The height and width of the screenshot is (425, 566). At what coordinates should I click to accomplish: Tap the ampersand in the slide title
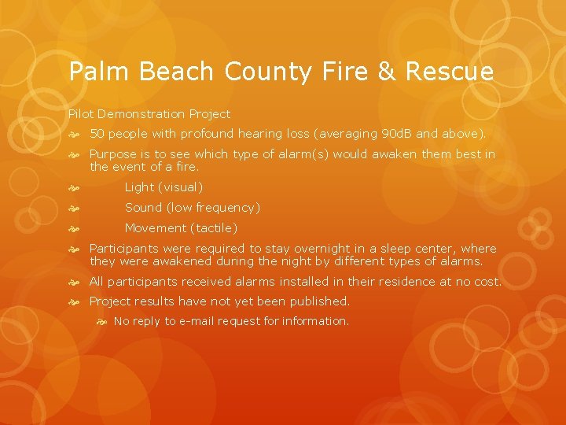[x=386, y=72]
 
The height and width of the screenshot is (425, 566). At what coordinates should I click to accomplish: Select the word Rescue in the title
[x=450, y=72]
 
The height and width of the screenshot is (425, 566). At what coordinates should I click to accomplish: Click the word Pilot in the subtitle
[x=79, y=114]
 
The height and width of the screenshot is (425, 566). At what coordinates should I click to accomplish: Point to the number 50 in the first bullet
[x=98, y=134]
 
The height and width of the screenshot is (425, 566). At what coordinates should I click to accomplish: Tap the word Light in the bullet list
[x=140, y=187]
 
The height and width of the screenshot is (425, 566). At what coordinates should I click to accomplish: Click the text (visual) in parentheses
[x=181, y=187]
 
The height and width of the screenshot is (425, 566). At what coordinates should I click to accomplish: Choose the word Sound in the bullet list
[x=143, y=208]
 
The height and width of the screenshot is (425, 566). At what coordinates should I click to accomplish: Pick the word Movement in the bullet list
[x=156, y=228]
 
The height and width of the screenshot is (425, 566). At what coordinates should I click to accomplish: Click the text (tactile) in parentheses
[x=214, y=228]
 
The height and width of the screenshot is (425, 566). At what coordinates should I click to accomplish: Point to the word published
[x=318, y=301]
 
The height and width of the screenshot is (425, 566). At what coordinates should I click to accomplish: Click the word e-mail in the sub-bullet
[x=200, y=321]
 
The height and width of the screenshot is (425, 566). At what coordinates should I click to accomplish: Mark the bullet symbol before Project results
[x=74, y=301]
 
